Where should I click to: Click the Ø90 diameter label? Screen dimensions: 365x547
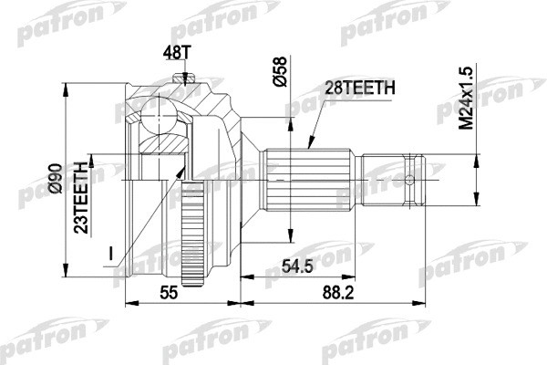(56, 175)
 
